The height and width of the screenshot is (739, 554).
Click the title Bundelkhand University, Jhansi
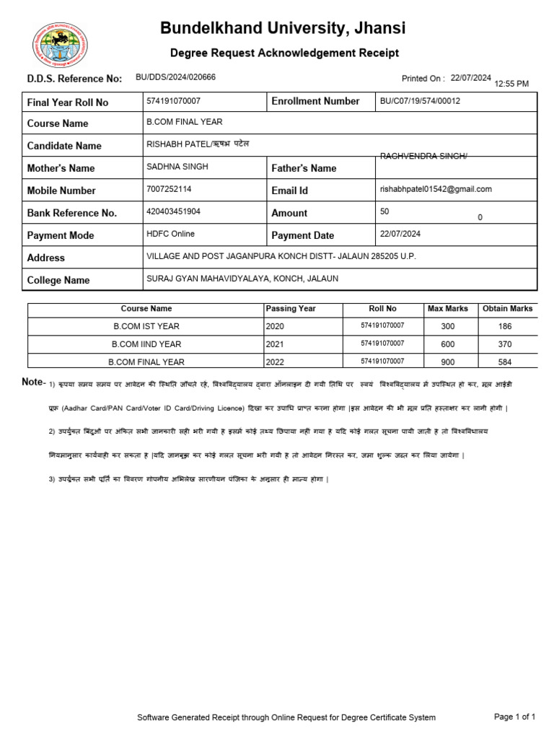click(x=283, y=28)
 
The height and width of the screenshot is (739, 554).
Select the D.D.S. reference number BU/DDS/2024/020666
click(x=175, y=77)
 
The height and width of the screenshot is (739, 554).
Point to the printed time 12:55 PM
click(x=511, y=84)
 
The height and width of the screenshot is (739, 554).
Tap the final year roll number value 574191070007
click(x=173, y=101)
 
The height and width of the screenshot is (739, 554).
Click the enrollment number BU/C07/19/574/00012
click(x=420, y=101)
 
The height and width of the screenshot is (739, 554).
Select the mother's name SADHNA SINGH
click(x=177, y=167)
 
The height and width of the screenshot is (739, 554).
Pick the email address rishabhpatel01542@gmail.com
click(x=436, y=189)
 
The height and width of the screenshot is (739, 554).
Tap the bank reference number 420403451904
click(x=173, y=211)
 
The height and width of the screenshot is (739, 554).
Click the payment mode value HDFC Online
click(x=170, y=234)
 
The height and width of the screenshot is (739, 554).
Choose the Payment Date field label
click(x=302, y=235)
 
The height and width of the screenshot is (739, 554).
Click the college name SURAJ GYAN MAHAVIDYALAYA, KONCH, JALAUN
click(x=242, y=279)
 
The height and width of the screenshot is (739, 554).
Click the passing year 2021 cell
click(x=275, y=344)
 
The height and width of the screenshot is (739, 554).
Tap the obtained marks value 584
click(x=505, y=362)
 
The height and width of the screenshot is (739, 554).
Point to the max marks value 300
click(x=447, y=326)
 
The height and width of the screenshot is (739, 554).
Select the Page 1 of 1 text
click(x=514, y=717)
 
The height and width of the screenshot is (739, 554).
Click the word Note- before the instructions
click(x=34, y=382)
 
